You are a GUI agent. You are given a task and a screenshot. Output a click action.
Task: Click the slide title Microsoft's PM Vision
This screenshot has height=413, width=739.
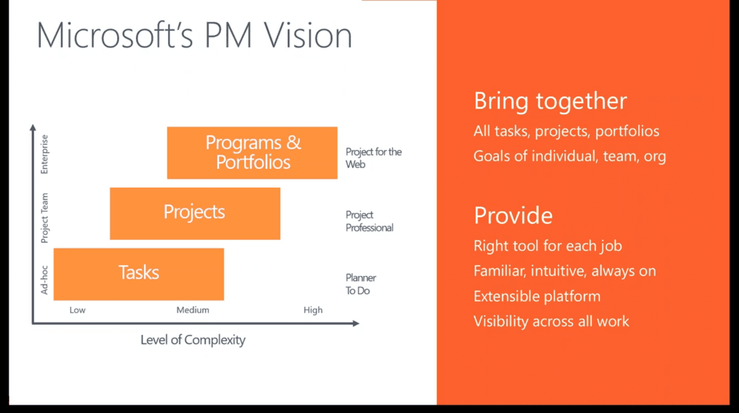[x=194, y=35]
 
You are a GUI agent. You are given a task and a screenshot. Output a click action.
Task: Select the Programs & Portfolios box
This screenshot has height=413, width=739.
[x=252, y=153]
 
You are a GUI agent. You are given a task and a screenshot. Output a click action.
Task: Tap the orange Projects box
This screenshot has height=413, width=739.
[x=195, y=213]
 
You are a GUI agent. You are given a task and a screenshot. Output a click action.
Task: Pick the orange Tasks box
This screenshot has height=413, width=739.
[x=139, y=274]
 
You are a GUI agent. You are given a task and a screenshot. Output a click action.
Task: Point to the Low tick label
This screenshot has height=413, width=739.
[x=77, y=310]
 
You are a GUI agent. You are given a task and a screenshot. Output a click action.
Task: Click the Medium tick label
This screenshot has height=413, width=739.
[x=193, y=310]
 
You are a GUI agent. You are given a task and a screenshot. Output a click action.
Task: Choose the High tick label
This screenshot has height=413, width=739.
[x=313, y=310]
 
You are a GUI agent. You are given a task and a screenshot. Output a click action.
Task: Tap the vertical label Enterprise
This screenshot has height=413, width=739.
[x=44, y=154]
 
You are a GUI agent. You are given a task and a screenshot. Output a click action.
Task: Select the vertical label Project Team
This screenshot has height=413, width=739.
[x=44, y=218]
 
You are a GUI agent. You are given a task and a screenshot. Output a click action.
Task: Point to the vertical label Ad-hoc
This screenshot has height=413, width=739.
[x=44, y=280]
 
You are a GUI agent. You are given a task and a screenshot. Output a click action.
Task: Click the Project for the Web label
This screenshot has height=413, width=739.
[x=373, y=158]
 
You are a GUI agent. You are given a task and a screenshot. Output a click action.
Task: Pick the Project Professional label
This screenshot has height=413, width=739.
[x=369, y=221]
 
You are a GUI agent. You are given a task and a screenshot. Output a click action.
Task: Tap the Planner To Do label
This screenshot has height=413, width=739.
[x=361, y=284]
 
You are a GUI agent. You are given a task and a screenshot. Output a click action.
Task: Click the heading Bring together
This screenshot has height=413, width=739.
[x=550, y=101]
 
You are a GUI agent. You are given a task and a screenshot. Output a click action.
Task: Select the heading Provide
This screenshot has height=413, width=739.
[x=513, y=215]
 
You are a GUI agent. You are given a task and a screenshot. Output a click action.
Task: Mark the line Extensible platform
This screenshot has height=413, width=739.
[x=537, y=296]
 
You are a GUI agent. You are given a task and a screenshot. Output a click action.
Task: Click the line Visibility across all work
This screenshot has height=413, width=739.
[x=551, y=321]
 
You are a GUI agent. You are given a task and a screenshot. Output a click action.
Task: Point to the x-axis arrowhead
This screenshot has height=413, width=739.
[x=356, y=323]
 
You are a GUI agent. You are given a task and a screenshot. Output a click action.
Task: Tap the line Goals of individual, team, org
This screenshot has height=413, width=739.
[x=570, y=156]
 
